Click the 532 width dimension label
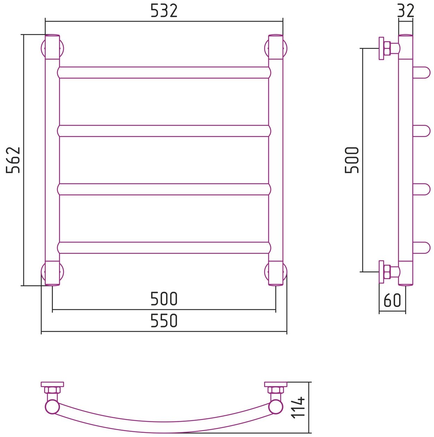[164, 11]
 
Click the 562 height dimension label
[14, 160]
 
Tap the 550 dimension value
[164, 321]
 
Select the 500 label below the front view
[164, 299]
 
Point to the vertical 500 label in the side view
[352, 160]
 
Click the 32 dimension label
[406, 11]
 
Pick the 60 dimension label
[392, 300]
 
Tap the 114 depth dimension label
[299, 408]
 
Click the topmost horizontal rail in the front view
[164, 72]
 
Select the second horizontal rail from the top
[164, 131]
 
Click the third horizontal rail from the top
[164, 189]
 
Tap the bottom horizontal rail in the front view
[164, 248]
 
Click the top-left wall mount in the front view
[52, 48]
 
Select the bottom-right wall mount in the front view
[276, 273]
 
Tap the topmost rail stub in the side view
[422, 72]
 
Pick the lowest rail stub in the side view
[422, 248]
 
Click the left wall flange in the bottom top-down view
[52, 384]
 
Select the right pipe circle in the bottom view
[276, 406]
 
